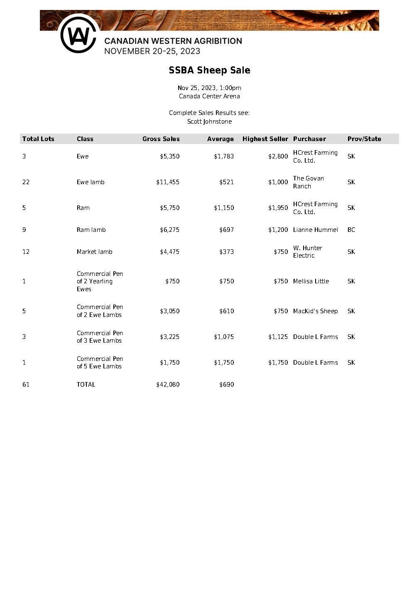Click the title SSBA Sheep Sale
click(209, 70)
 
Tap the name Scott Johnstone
click(209, 122)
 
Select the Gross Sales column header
click(161, 139)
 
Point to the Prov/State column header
click(364, 139)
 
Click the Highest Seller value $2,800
click(278, 156)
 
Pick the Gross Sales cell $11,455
click(168, 182)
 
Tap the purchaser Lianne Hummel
click(315, 230)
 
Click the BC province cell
click(351, 230)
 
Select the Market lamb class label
click(94, 252)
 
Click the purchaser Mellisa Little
click(311, 281)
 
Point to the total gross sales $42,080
click(168, 385)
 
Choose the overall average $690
click(226, 385)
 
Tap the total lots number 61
click(26, 385)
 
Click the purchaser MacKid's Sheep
click(315, 311)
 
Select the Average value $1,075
click(224, 337)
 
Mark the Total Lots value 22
click(26, 182)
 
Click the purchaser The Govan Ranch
click(308, 182)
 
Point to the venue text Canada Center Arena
click(209, 96)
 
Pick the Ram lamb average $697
click(226, 230)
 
